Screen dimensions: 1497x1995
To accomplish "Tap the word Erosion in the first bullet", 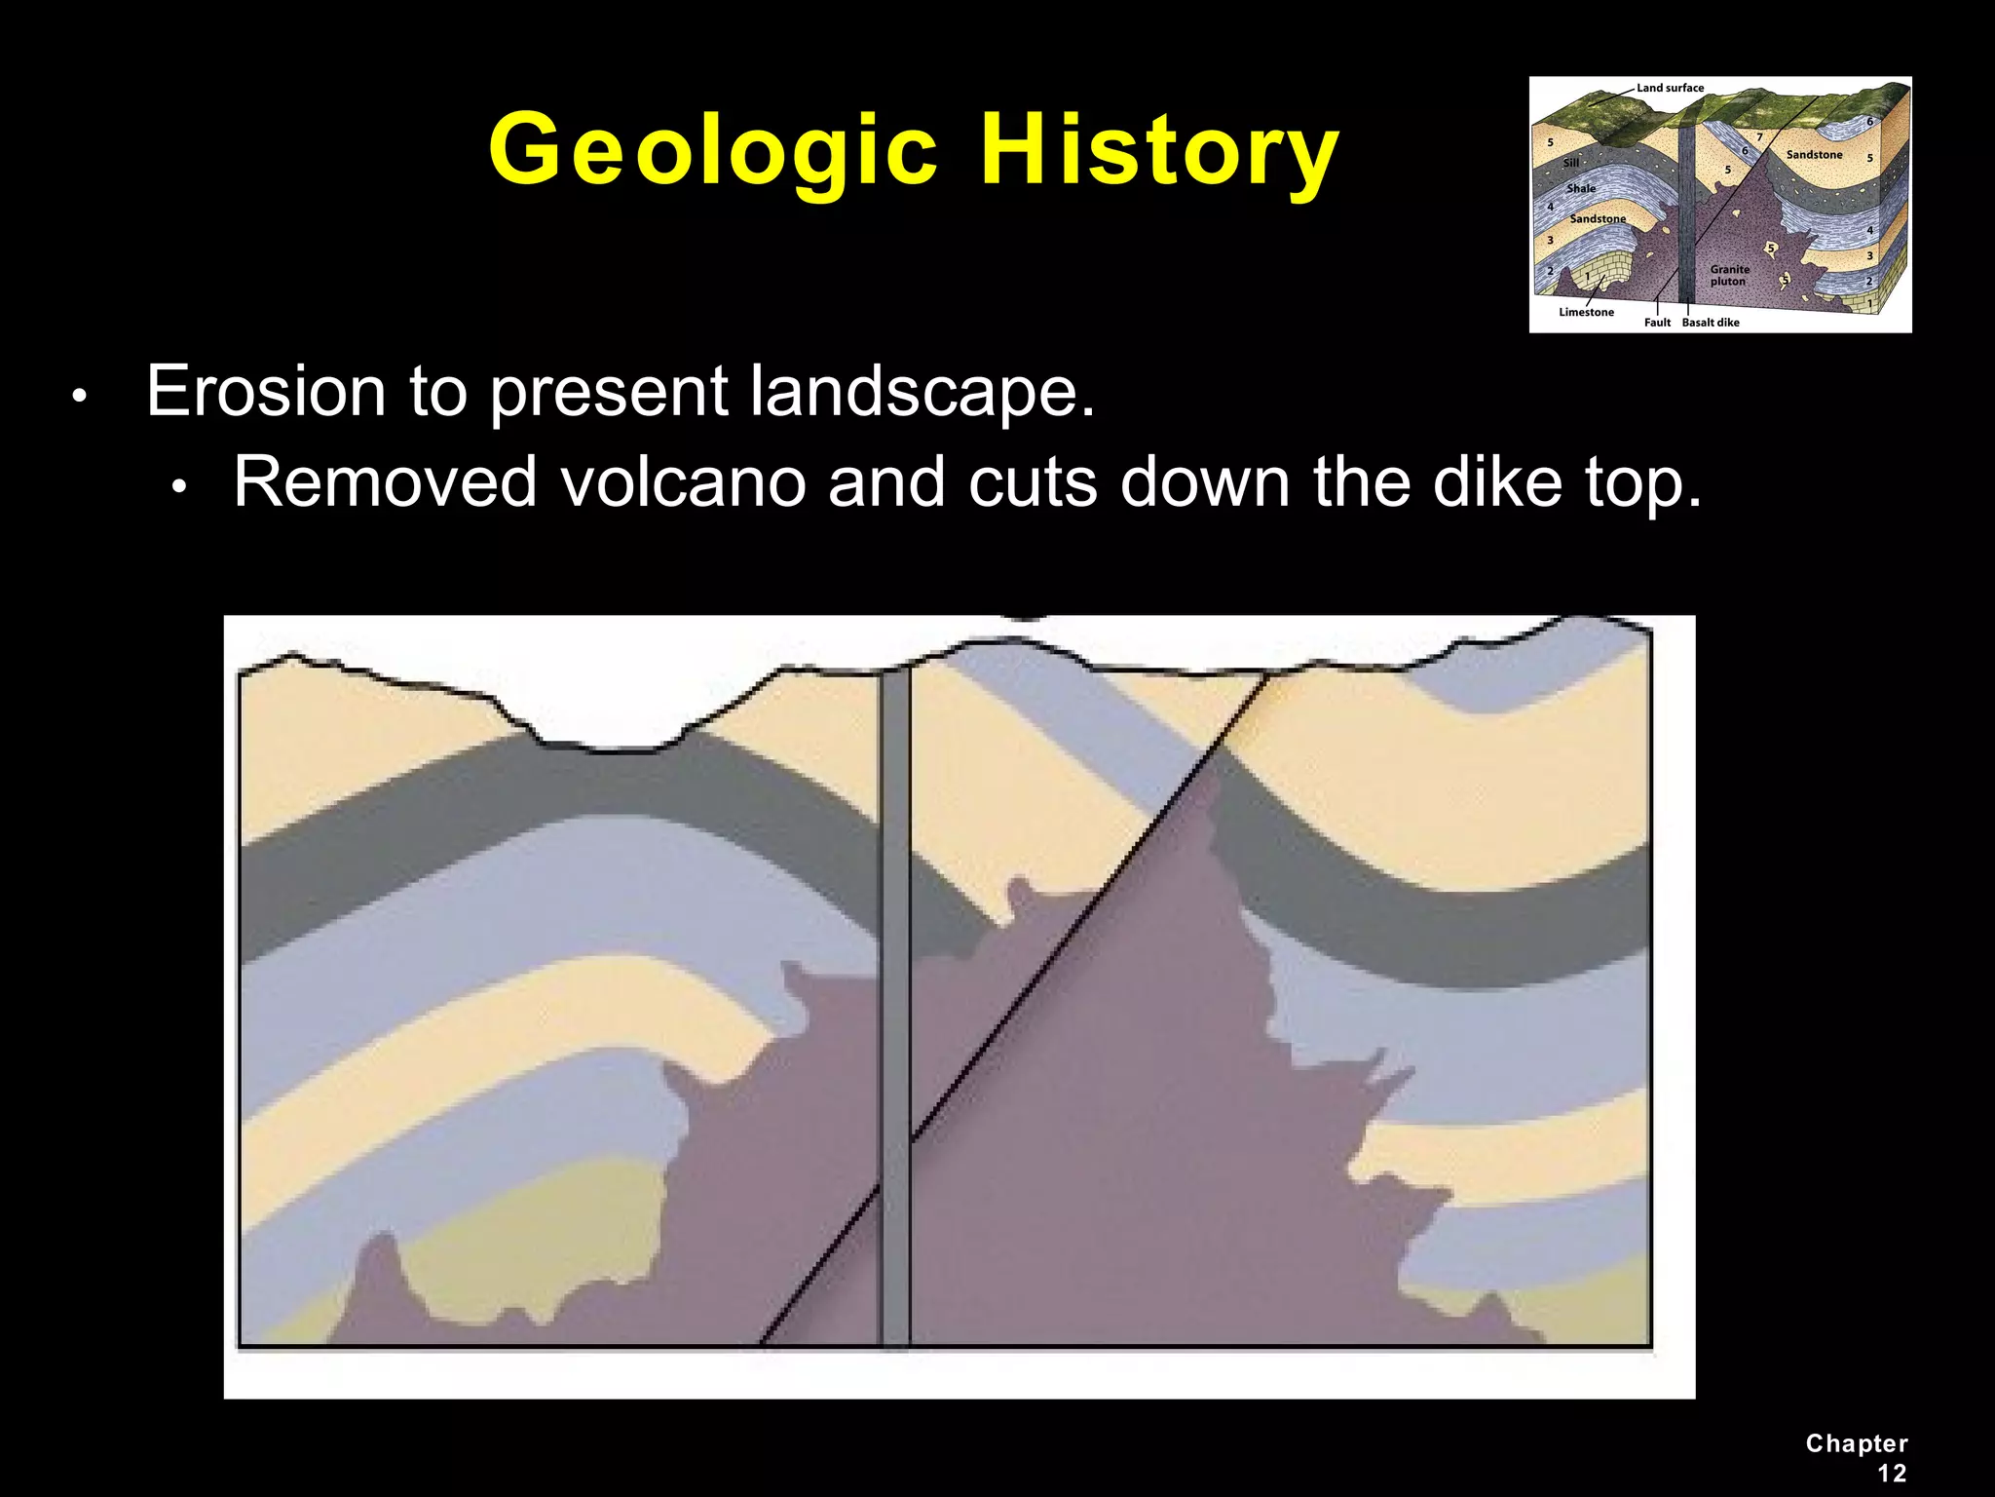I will point(266,392).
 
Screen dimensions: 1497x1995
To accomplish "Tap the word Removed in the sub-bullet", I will point(385,482).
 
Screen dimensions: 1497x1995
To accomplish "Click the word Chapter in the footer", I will point(1857,1443).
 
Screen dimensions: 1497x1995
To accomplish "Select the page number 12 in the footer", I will point(1892,1474).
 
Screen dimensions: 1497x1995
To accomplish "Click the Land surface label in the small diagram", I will point(1670,88).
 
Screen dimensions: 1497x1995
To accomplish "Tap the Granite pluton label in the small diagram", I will point(1729,275).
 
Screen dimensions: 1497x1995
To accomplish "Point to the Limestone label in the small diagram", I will point(1586,312).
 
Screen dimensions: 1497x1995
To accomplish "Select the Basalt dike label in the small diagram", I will point(1711,323).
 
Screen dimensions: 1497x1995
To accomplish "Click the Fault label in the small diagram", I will point(1657,323).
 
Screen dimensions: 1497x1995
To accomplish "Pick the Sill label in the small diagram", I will point(1570,163).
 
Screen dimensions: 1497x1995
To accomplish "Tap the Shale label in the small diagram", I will point(1581,188).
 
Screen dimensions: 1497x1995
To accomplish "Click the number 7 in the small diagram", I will point(1759,137).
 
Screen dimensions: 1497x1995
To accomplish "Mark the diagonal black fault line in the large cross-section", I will point(1072,926).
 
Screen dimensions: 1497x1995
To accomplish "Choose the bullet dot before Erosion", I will point(81,397).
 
